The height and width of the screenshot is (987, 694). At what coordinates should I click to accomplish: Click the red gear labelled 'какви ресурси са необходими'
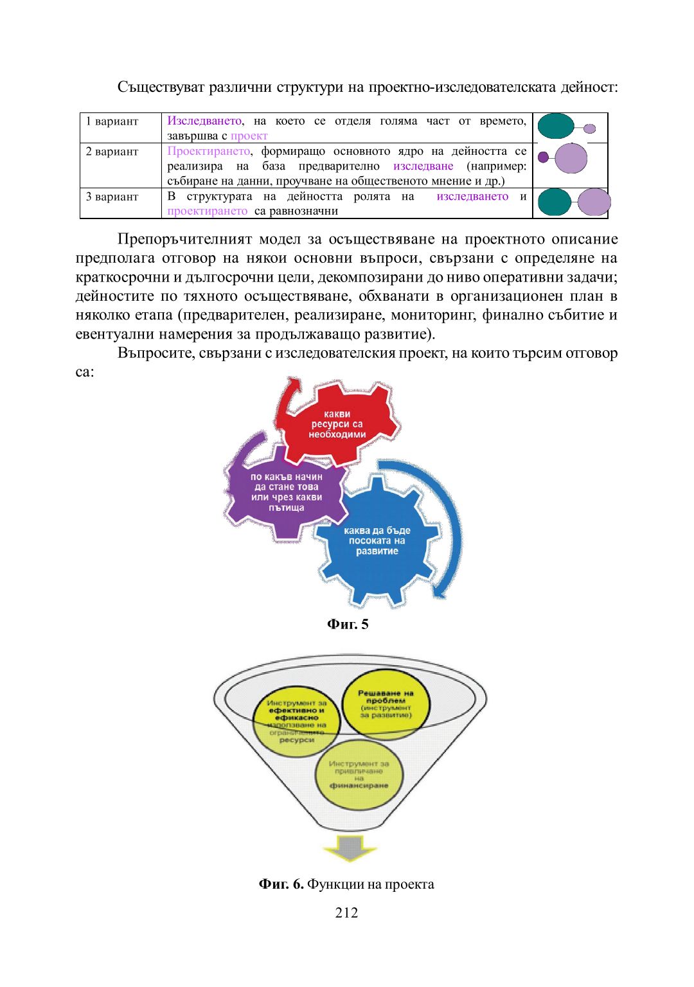click(337, 424)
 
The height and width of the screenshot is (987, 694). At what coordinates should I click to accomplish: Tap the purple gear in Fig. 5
click(286, 492)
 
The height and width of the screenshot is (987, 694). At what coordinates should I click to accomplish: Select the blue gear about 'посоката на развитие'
click(377, 541)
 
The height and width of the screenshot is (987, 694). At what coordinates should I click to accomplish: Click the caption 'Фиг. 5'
click(348, 625)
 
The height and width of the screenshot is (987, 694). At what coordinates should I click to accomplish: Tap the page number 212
click(346, 912)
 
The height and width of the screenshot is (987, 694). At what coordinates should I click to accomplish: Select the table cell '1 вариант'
click(112, 121)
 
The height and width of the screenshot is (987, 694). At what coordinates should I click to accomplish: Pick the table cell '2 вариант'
click(112, 152)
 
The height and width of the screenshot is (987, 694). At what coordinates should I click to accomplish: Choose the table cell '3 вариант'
click(112, 197)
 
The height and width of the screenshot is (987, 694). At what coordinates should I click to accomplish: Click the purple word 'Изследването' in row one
click(204, 121)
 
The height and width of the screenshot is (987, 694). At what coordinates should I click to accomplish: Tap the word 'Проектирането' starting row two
click(208, 151)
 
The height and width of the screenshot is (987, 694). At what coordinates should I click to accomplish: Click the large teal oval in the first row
click(555, 127)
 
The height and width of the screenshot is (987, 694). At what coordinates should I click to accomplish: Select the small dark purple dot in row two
click(543, 157)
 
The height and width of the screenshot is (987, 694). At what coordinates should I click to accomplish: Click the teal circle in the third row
click(554, 202)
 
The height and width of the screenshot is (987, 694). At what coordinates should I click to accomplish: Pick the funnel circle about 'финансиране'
click(359, 775)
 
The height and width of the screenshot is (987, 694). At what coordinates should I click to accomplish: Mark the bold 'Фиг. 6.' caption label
click(281, 884)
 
